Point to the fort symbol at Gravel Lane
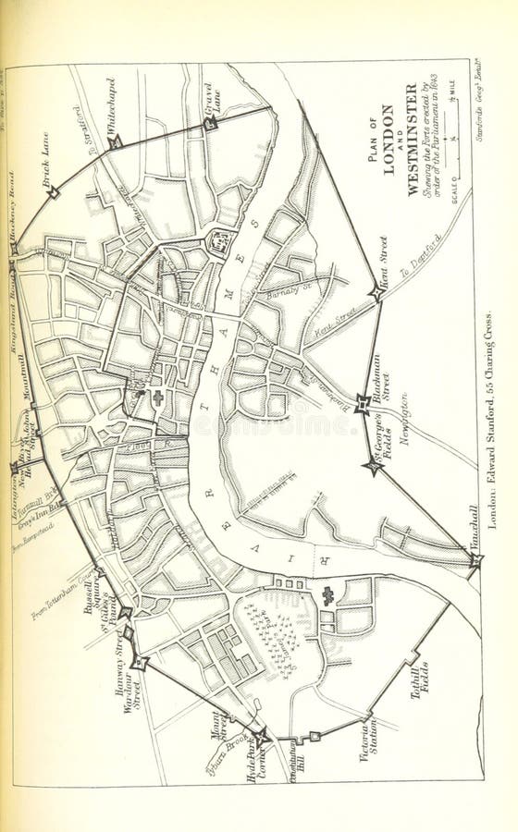pyautogui.click(x=210, y=123)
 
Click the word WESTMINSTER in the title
pyautogui.click(x=411, y=140)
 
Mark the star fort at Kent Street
pyautogui.click(x=375, y=292)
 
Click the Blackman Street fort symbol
pyautogui.click(x=363, y=404)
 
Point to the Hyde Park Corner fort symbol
pyautogui.click(x=262, y=737)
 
